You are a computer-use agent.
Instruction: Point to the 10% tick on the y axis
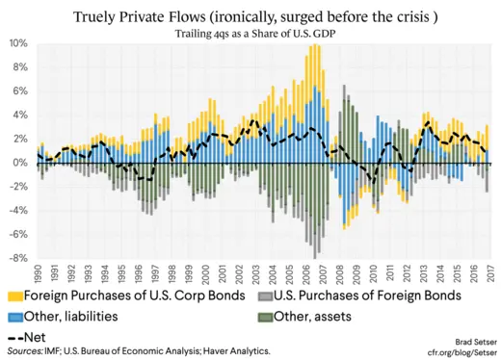coord(18,44)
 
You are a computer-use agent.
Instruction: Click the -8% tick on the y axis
coord(18,258)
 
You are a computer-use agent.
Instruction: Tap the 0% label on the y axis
coord(21,164)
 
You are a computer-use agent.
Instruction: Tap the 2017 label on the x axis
coord(492,272)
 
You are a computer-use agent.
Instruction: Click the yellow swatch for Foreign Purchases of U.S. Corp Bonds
coord(14,296)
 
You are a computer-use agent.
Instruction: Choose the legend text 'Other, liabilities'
coord(85,316)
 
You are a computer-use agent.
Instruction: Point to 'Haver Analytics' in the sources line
coord(233,351)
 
